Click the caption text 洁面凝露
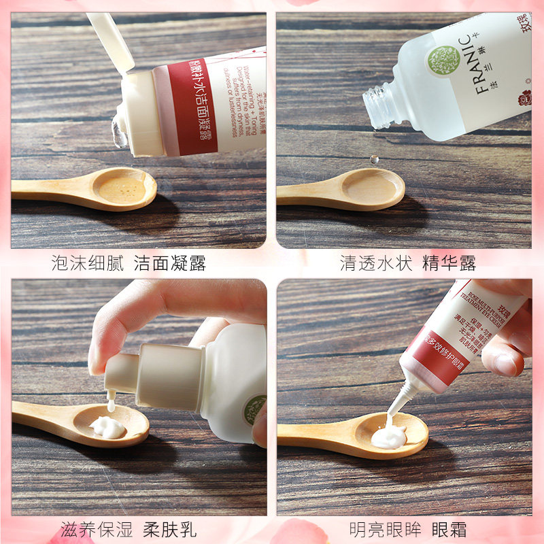170,263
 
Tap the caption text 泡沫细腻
88,263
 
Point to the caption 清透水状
376,263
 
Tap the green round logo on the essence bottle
444,61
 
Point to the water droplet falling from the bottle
373,159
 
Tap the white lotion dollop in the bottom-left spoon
108,427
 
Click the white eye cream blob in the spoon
388,436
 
